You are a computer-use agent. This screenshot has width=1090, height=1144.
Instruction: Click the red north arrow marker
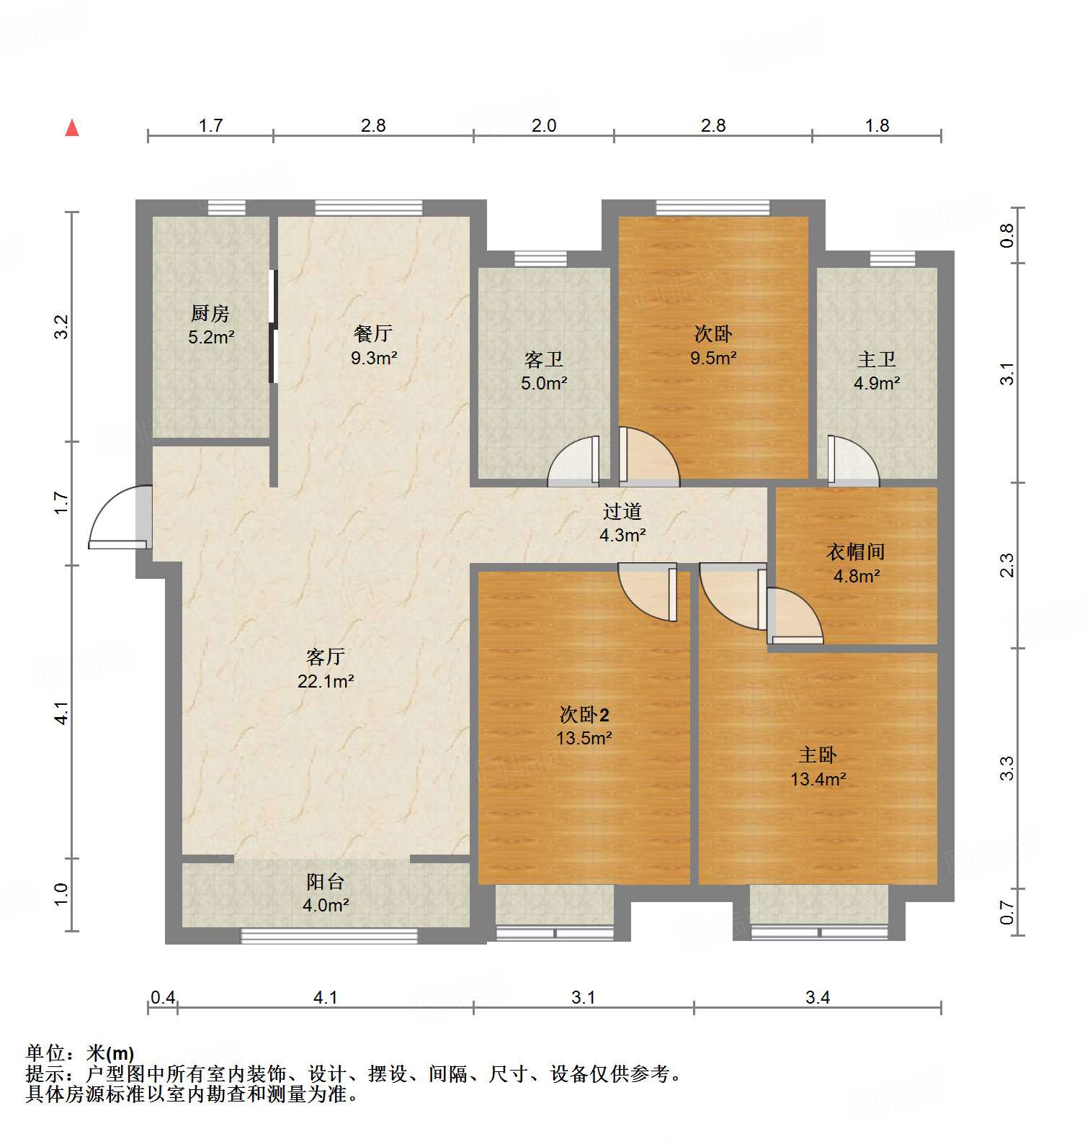tap(72, 128)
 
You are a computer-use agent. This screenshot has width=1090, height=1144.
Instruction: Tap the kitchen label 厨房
tap(210, 313)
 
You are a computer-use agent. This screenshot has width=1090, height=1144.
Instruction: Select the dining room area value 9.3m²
tap(374, 357)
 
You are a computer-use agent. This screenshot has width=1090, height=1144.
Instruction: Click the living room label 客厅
tap(326, 656)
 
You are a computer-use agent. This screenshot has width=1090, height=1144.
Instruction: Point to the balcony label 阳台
tap(326, 881)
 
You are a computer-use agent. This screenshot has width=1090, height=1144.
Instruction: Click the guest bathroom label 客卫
tap(544, 359)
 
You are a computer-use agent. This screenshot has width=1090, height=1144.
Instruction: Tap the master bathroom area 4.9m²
tap(877, 383)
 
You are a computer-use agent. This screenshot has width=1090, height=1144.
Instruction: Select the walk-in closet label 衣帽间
tap(856, 552)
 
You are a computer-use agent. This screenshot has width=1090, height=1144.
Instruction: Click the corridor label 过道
tap(622, 511)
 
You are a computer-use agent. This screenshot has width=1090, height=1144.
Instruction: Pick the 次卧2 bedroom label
tap(584, 714)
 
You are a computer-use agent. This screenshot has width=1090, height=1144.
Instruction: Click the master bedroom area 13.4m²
tap(818, 779)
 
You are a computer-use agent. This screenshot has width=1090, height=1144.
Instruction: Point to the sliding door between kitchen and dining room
tap(273, 326)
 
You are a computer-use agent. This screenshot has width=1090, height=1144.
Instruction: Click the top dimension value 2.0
tap(544, 125)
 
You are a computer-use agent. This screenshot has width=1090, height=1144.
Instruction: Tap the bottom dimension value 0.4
tap(163, 997)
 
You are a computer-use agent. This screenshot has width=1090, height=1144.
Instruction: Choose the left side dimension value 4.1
tap(62, 712)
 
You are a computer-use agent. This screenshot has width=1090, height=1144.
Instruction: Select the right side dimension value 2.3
tap(1007, 564)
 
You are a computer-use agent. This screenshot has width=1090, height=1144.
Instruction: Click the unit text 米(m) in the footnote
tap(110, 1053)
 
